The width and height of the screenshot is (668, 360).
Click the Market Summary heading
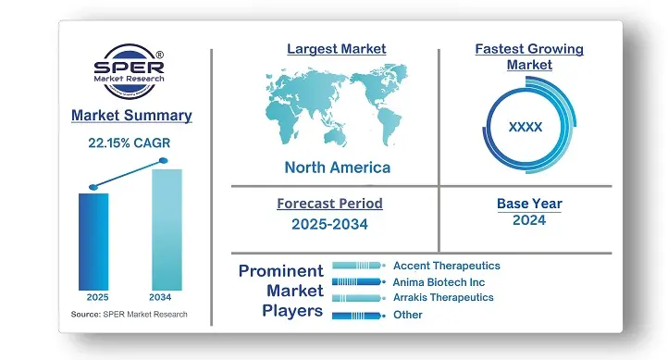tap(131, 116)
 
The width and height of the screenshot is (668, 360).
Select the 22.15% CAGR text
tap(130, 143)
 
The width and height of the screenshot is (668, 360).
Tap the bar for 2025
tap(93, 240)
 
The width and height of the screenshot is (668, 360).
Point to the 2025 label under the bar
tap(96, 297)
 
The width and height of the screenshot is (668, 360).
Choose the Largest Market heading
tap(337, 48)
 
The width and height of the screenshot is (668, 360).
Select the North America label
tap(337, 168)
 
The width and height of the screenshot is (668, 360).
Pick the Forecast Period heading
tap(329, 204)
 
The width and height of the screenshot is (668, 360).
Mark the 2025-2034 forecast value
tap(329, 223)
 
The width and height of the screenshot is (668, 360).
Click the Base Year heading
tap(528, 204)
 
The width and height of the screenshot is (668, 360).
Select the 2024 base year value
tap(528, 220)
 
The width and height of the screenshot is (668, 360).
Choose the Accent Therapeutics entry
tap(446, 266)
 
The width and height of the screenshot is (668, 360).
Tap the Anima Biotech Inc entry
tap(439, 281)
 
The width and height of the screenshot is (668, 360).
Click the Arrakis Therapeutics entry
tap(443, 297)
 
